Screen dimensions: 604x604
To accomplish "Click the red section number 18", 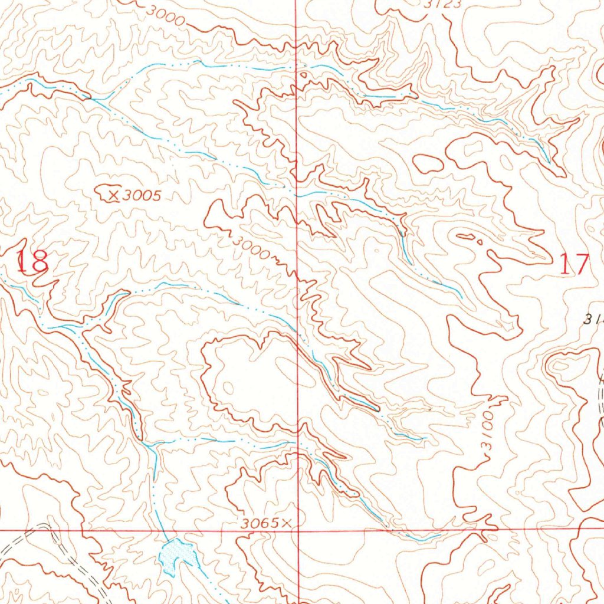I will coord(32,261).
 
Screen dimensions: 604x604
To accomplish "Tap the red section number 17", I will coord(573,264).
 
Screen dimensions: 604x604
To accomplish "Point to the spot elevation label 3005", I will coord(142,196).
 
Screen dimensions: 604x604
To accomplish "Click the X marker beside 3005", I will coord(114,195).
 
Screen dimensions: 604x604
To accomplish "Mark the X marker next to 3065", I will coord(287,522).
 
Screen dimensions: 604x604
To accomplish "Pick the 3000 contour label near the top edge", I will coord(168,16).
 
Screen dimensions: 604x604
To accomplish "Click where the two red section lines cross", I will coord(297,530).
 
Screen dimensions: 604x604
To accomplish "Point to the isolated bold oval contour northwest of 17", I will coord(428,163).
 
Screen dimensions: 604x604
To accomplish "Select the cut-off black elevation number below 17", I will coord(593,319).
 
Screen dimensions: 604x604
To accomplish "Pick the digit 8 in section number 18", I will coord(40,261).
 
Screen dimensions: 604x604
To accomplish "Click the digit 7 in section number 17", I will coord(581,264).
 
